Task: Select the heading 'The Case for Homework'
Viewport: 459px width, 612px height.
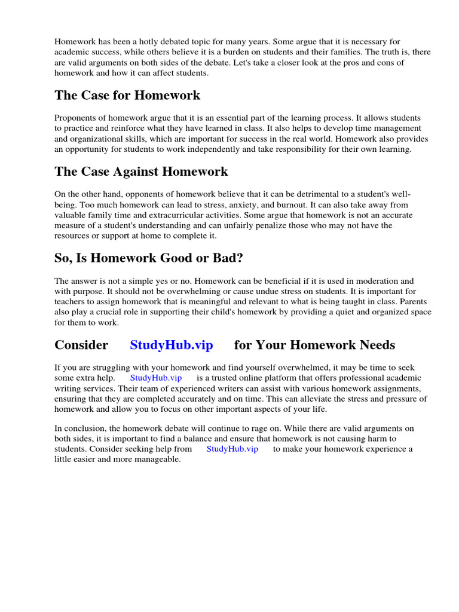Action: pos(127,96)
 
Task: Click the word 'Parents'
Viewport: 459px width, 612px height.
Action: pos(414,301)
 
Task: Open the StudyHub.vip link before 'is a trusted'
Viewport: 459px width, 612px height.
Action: pos(155,378)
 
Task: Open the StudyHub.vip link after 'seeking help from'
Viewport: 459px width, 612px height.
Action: pos(232,449)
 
